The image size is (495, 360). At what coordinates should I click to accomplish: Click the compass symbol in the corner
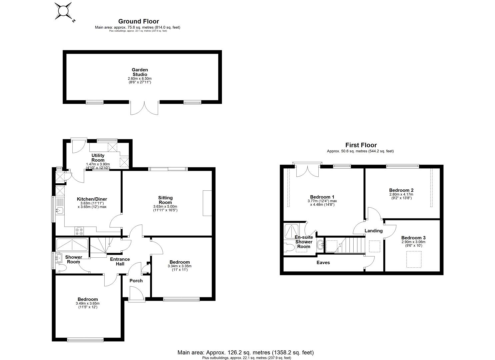(64, 11)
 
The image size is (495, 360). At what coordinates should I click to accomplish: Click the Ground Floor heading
(138, 22)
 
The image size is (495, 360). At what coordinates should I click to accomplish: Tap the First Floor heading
(361, 145)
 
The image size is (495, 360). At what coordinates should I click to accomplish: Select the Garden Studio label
(140, 72)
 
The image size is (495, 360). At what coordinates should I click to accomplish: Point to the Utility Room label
(98, 158)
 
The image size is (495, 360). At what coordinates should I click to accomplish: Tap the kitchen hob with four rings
(80, 231)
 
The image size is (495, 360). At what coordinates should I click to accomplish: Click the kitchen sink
(60, 210)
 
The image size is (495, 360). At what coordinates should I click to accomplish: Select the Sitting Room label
(165, 200)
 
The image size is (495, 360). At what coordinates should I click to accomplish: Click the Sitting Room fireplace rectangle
(207, 203)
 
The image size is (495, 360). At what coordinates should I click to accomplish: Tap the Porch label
(136, 281)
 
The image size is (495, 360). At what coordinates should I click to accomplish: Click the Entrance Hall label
(120, 261)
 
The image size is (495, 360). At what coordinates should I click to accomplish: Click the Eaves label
(323, 263)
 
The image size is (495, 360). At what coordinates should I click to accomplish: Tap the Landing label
(373, 231)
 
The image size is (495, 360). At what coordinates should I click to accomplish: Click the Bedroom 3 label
(413, 238)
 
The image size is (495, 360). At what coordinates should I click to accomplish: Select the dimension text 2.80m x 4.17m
(401, 194)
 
